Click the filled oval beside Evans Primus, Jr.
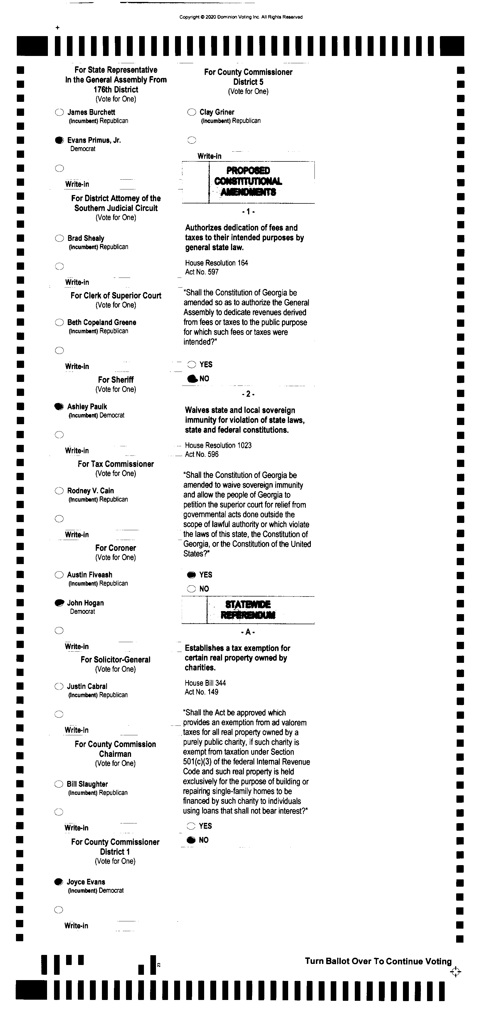59,140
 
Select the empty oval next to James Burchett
59,112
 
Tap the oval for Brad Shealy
59,238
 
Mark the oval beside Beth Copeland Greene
59,323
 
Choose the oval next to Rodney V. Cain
59,491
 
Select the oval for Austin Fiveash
59,575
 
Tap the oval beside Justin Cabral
59,686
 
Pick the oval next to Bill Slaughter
59,784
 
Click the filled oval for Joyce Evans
59,882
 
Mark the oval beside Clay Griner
192,112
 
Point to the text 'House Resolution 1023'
218,445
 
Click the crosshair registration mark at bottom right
455,972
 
